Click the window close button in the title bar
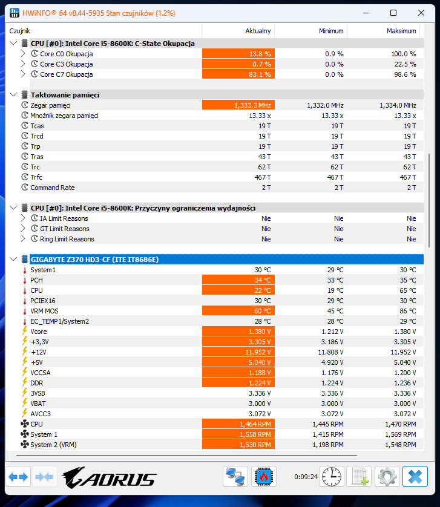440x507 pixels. pos(421,13)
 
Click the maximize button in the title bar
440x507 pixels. pos(393,13)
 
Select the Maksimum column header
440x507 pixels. pos(401,31)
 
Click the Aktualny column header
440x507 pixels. pos(258,31)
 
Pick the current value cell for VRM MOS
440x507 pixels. pos(238,311)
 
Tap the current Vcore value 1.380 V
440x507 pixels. pos(238,332)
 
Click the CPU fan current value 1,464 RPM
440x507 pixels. pos(238,424)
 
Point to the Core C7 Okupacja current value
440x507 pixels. pos(238,74)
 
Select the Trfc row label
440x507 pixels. pos(37,177)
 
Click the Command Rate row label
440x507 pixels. pos(53,188)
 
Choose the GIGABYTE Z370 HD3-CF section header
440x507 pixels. pos(94,260)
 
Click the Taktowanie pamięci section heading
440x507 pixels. pos(65,95)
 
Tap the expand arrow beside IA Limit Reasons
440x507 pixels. pos(23,218)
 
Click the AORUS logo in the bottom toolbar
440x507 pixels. pos(109,477)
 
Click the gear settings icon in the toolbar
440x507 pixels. pos(387,477)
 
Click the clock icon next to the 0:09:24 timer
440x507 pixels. pos(332,477)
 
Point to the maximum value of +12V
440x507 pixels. pos(401,352)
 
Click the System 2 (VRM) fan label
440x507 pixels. pos(53,445)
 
